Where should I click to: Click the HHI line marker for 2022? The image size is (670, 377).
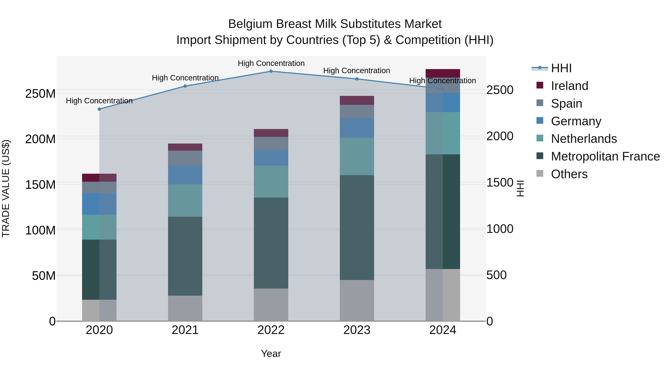coord(271,71)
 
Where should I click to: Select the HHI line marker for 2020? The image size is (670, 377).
coord(99,109)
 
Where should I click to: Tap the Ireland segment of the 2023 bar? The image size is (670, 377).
coord(357,100)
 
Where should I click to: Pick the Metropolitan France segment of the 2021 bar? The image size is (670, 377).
coord(185,256)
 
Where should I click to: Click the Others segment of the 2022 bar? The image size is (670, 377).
coord(271,305)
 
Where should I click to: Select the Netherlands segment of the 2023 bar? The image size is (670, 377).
coord(357,156)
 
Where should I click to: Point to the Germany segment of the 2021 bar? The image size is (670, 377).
coord(185,175)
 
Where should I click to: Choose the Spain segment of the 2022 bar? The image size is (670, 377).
coord(271,143)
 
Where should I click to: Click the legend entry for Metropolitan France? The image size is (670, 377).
coord(605,156)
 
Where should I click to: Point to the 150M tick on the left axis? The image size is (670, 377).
coord(40,185)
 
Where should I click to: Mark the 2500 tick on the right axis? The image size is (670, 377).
coord(500,90)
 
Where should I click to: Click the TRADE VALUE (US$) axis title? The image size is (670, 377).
coord(6,188)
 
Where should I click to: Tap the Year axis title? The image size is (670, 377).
coord(271,354)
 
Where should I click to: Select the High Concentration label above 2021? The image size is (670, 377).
coord(185,78)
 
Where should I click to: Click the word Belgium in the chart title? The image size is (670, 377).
coord(250,24)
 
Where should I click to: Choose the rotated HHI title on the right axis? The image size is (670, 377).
coord(520,188)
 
